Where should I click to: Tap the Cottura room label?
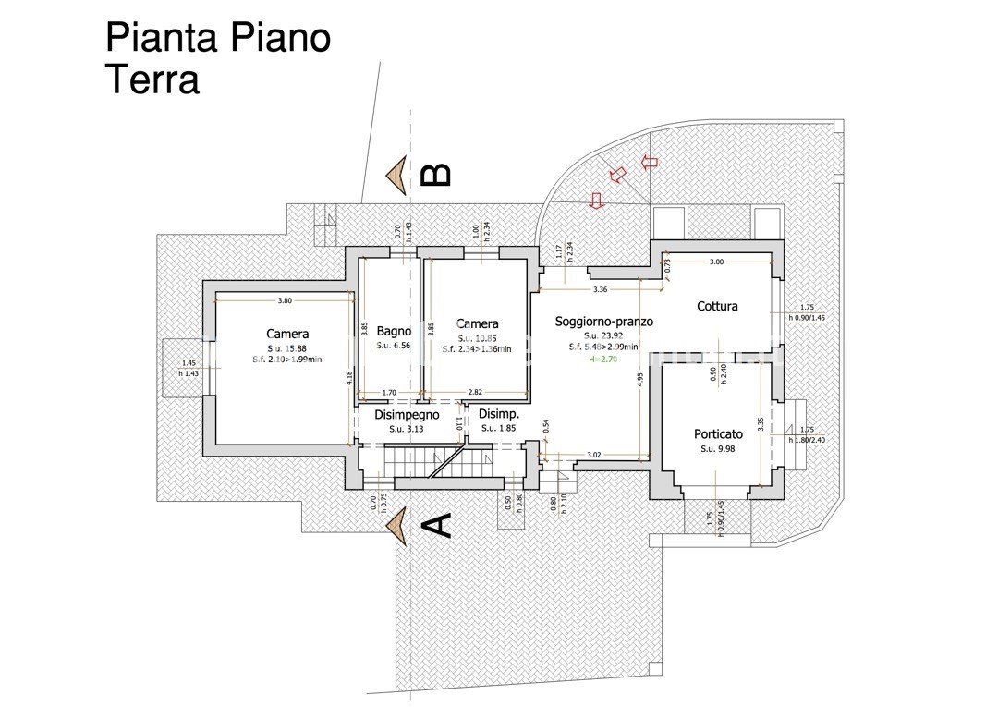point(717,306)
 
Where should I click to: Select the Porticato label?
point(718,434)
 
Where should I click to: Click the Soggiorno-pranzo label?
point(604,322)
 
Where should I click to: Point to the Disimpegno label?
point(407,415)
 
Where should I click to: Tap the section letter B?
point(436,175)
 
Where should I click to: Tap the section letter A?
point(436,525)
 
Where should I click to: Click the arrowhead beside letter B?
point(398,176)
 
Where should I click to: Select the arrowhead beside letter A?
point(398,526)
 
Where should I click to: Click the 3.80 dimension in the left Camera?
point(285,300)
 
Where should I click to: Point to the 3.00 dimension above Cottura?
point(717,262)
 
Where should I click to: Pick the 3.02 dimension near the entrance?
point(595,454)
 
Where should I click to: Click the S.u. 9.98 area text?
point(718,449)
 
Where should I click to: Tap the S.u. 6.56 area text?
point(394,346)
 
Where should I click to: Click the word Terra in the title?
point(152,80)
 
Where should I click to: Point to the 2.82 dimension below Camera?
point(475,393)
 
